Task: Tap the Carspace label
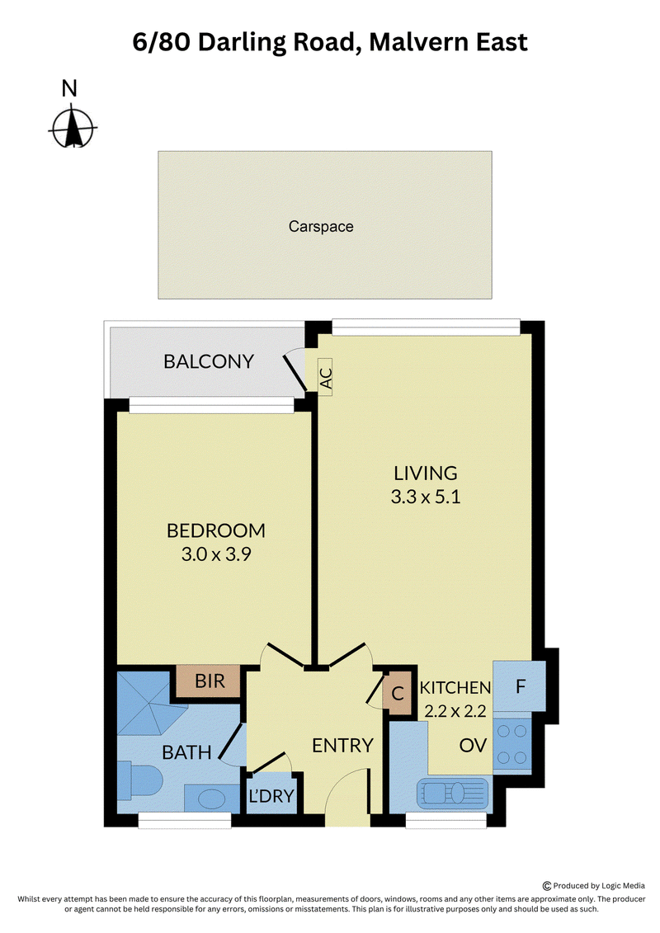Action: click(x=321, y=227)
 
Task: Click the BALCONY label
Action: click(x=209, y=362)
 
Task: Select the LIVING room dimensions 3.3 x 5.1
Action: click(x=426, y=497)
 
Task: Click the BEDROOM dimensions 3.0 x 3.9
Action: click(x=216, y=554)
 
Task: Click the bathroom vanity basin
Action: click(x=211, y=799)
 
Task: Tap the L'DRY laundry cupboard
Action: click(x=271, y=795)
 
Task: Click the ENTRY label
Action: click(x=342, y=746)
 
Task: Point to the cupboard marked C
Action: click(x=397, y=693)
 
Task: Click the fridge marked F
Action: click(x=520, y=686)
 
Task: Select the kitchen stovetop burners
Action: click(x=511, y=744)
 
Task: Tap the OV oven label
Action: click(x=473, y=746)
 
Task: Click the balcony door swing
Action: click(x=294, y=371)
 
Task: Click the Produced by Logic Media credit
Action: click(x=593, y=885)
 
